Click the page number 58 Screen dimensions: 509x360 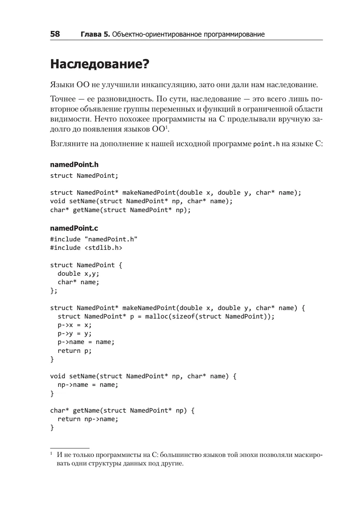pyautogui.click(x=55, y=34)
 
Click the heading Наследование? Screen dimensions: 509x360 pyautogui.click(x=100, y=64)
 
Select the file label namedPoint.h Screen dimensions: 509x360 pyautogui.click(x=74, y=165)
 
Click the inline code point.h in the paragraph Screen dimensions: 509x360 pyautogui.click(x=266, y=144)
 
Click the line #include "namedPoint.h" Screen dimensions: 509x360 pyautogui.click(x=94, y=239)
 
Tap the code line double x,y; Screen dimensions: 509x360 pyautogui.click(x=78, y=274)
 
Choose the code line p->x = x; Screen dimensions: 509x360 pyautogui.click(x=74, y=325)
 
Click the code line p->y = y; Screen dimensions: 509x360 pyautogui.click(x=74, y=333)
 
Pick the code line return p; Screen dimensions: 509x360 pyautogui.click(x=74, y=351)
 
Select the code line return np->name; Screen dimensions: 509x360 pyautogui.click(x=88, y=419)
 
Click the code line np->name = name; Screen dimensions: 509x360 pyautogui.click(x=88, y=385)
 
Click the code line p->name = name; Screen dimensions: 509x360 pyautogui.click(x=86, y=342)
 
